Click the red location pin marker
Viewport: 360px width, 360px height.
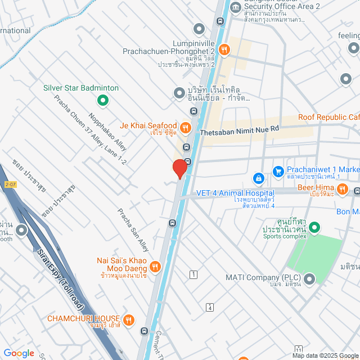[180, 168]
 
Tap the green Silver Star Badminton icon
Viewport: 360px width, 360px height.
[103, 101]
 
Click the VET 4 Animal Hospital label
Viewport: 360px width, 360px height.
[235, 193]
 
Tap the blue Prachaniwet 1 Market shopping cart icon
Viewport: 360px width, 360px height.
[277, 170]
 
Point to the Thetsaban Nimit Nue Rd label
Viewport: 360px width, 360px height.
[240, 129]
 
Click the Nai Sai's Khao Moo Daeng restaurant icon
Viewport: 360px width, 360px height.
[156, 265]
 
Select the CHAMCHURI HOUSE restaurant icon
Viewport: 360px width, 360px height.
[129, 319]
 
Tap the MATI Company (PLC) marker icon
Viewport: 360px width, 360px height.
[310, 278]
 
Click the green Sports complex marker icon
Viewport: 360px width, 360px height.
[314, 228]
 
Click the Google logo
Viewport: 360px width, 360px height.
[19, 353]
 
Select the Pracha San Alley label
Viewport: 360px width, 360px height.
[133, 229]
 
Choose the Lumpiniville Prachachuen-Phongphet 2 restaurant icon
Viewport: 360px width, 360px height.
[224, 49]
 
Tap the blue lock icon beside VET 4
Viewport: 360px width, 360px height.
[258, 178]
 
